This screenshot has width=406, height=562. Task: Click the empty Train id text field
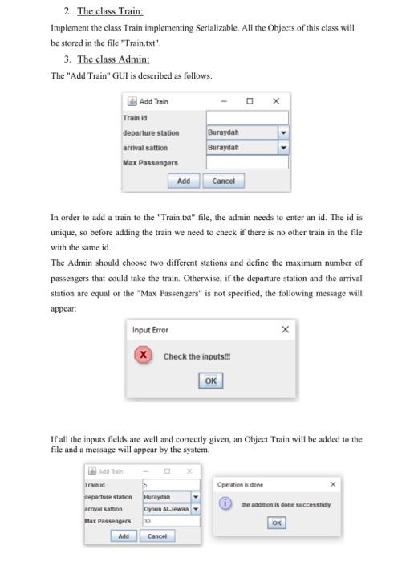pyautogui.click(x=246, y=118)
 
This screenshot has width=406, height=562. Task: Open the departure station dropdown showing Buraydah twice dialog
pyautogui.click(x=282, y=132)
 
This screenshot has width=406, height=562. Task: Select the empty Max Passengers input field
pyautogui.click(x=246, y=162)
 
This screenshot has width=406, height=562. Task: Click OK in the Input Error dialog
pyautogui.click(x=210, y=381)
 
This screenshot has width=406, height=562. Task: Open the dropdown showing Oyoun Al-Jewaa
pyautogui.click(x=194, y=508)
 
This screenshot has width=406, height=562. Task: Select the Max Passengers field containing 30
pyautogui.click(x=170, y=520)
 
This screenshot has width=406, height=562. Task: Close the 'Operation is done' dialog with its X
pyautogui.click(x=333, y=485)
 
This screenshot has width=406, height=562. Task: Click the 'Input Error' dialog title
pyautogui.click(x=151, y=330)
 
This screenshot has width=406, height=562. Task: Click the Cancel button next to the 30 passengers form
pyautogui.click(x=156, y=536)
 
